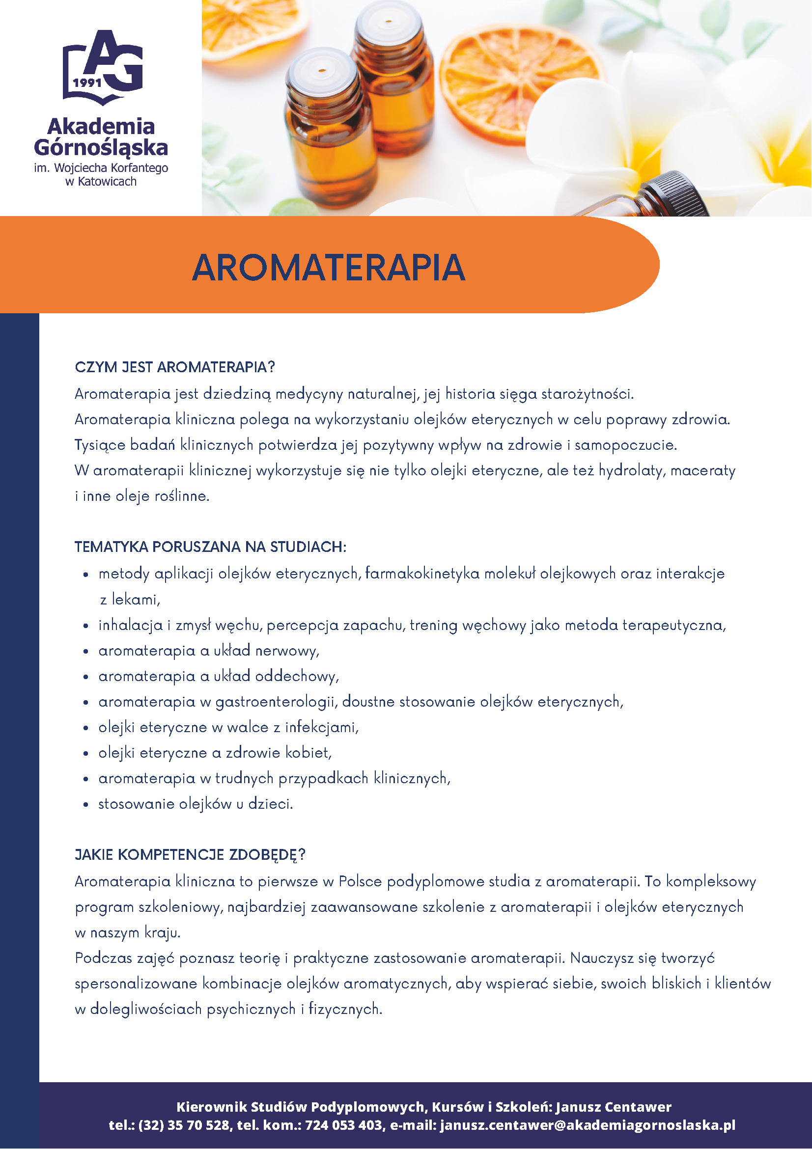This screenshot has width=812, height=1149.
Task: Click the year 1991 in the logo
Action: (87, 83)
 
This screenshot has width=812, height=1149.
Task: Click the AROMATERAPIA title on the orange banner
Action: (329, 268)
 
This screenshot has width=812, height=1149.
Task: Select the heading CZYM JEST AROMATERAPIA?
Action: (175, 367)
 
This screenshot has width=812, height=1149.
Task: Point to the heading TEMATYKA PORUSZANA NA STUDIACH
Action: (210, 547)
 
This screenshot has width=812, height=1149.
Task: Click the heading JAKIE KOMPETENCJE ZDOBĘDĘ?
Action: (190, 854)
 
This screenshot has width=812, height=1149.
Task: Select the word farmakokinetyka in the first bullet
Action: (422, 574)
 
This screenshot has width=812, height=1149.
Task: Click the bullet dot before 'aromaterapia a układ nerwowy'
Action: (86, 652)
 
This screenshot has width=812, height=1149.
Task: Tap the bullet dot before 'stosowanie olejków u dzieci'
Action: (86, 805)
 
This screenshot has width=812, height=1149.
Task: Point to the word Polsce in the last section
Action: (360, 881)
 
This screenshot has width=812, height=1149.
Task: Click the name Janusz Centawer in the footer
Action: (613, 1106)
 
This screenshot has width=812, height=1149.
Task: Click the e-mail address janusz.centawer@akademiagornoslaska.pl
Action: (588, 1125)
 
